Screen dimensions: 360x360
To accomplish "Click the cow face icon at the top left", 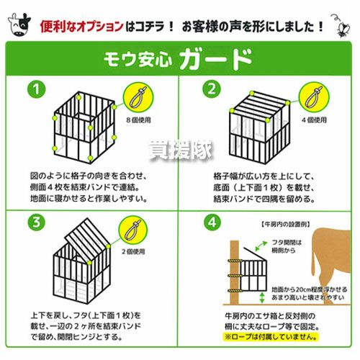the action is (19, 24).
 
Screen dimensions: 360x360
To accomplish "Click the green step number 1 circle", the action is (36, 89).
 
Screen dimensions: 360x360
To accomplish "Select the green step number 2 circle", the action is (212, 89).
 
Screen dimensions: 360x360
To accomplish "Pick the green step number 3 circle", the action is (36, 222).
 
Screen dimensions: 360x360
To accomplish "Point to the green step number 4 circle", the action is (212, 222).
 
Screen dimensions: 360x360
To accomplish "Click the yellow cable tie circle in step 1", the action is (138, 97).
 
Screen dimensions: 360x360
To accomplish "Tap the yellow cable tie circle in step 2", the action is (314, 97).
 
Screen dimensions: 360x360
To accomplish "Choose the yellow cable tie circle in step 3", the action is (132, 230).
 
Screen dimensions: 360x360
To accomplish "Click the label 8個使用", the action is (139, 120).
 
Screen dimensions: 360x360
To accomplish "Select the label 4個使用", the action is (314, 120).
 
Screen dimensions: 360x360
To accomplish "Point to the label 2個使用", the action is (133, 251).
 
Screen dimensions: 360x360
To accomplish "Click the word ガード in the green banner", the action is (216, 58).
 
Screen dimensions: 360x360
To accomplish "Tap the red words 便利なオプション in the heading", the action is (82, 27).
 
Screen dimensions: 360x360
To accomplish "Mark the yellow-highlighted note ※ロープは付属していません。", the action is (271, 336).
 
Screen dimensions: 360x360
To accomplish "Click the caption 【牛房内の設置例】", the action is (285, 225).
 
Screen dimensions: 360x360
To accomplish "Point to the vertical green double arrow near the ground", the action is (262, 297).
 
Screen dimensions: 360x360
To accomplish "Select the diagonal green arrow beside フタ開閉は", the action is (261, 246).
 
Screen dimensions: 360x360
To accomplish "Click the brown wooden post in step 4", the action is (235, 273).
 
